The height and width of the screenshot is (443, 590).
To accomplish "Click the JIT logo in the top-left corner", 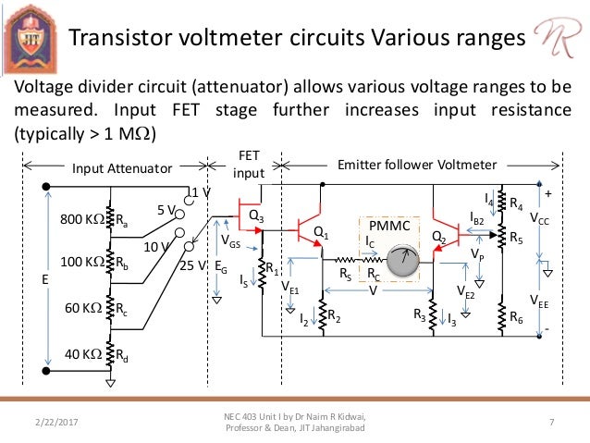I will (x=30, y=35).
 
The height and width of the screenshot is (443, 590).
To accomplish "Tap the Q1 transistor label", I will (x=321, y=232).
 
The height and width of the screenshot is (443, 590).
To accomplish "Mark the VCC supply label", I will (x=539, y=223).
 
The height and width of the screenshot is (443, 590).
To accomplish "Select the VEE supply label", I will (x=538, y=300).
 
